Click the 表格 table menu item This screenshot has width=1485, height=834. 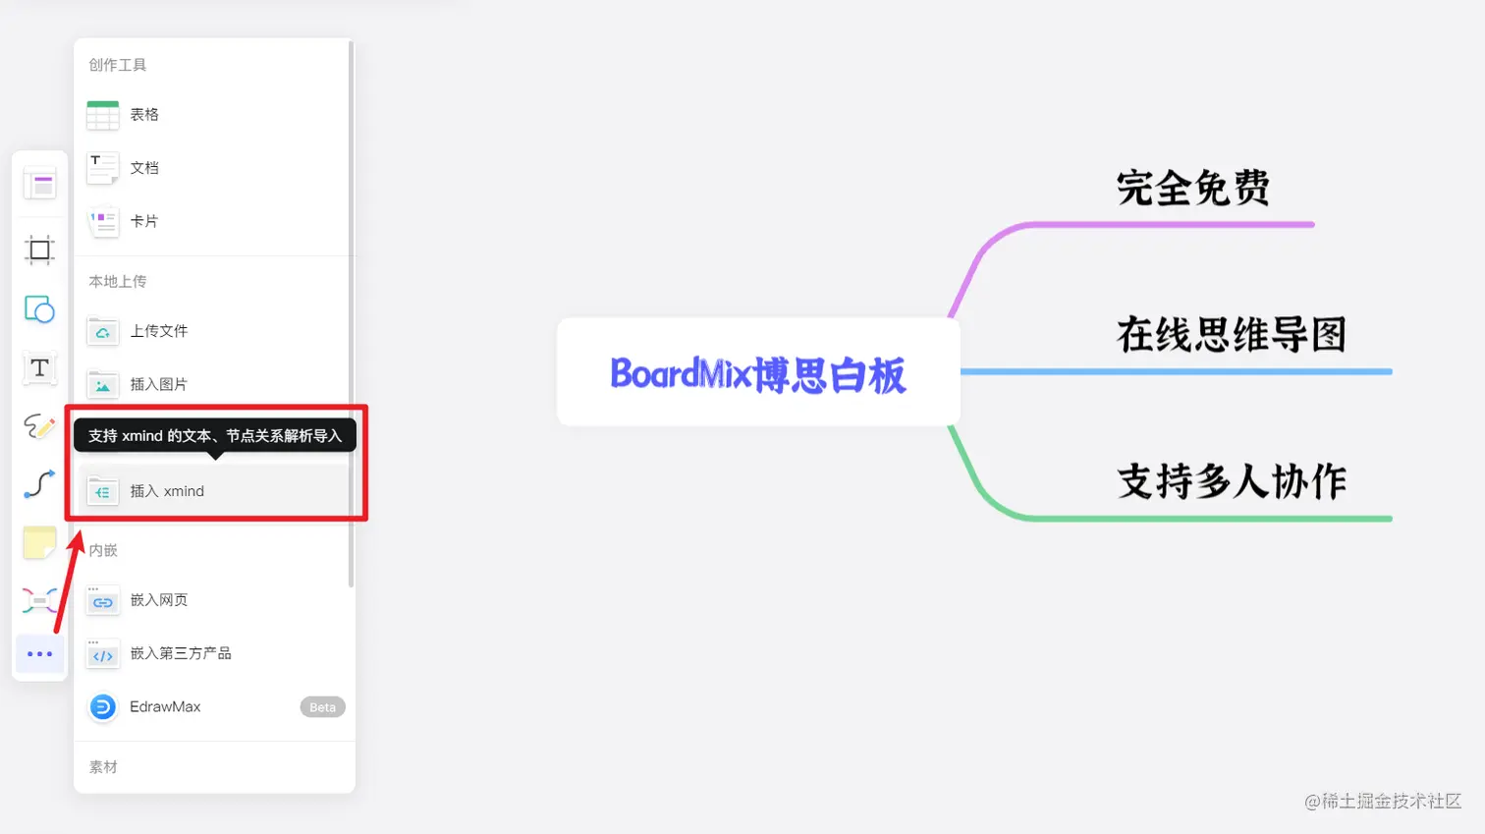pos(143,115)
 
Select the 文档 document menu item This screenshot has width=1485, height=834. pos(143,168)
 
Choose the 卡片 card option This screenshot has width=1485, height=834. pos(143,221)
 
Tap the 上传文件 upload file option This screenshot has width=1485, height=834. pos(158,331)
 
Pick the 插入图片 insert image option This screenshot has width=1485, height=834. pos(158,384)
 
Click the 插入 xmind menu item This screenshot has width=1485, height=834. pos(167,491)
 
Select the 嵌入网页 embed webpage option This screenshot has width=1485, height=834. pos(158,600)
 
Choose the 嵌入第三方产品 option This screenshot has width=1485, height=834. pos(180,653)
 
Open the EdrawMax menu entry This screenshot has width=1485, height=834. pos(164,707)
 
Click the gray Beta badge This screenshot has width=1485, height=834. pos(322,707)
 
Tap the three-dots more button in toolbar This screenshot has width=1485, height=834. pos(39,654)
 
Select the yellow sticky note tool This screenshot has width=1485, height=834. pos(39,542)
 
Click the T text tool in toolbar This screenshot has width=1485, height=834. pos(39,368)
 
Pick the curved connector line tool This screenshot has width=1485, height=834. pos(39,483)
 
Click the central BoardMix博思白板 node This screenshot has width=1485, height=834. pos(757,373)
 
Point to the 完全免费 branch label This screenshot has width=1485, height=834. pos(1192,188)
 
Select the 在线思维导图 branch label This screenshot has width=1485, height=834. pos(1231,335)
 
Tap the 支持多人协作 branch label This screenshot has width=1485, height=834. pos(1231,481)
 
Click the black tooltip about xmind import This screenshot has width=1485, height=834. pos(215,435)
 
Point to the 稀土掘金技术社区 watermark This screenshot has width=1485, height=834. pos(1383,802)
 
